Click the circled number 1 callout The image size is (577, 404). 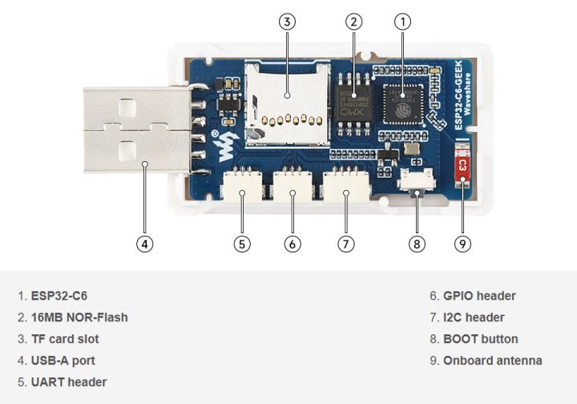pos(403,22)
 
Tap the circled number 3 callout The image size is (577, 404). pos(287,22)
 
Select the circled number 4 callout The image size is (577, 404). pos(144,243)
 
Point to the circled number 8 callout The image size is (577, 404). pos(417,243)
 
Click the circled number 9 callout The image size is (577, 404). pos(463,243)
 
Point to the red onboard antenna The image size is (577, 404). pos(463,165)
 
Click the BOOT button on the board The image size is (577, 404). pos(416,184)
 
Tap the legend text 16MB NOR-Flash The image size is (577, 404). pos(79,317)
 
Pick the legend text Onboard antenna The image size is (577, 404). pos(492,361)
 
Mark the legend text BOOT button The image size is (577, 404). pos(480,339)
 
